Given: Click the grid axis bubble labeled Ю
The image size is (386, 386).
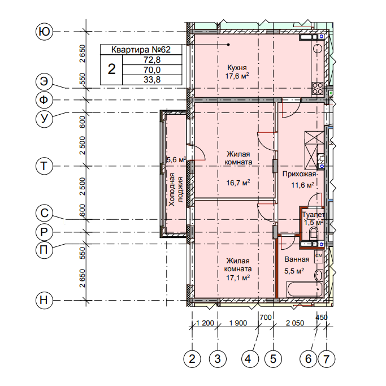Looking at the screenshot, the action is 44,32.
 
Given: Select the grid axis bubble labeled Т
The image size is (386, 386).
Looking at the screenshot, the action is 44,166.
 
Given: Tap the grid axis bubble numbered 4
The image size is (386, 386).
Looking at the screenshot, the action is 250,359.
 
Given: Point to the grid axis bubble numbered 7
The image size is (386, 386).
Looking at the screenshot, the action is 327,359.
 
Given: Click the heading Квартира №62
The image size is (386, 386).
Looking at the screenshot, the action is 141,50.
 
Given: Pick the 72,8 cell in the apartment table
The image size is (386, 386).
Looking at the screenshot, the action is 152,60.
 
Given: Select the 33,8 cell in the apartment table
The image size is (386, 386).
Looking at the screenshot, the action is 152,80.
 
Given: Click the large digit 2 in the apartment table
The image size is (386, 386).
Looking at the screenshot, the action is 111,69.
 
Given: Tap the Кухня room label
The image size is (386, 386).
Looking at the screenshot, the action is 237,67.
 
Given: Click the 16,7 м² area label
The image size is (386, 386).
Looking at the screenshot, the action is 238,183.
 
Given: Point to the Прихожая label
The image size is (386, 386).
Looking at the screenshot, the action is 299,174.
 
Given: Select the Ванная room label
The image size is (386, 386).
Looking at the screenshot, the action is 297,259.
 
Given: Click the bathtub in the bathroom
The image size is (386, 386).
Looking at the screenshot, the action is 305,290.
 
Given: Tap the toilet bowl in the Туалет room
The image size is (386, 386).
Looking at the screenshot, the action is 314,233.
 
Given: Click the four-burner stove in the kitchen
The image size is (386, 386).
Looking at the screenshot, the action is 318,88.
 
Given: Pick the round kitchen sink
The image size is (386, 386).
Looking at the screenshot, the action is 318,48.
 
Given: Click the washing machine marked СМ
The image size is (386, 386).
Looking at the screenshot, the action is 319,256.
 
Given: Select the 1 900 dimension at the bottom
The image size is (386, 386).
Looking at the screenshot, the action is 238,323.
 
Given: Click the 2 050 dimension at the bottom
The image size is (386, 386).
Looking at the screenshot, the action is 295,323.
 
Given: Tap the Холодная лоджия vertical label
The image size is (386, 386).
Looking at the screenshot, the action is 176,189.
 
